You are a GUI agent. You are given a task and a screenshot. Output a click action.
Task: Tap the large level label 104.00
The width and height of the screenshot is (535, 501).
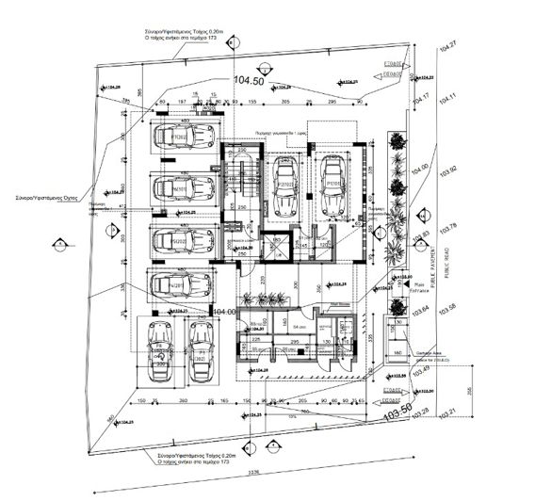[x=224, y=311]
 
